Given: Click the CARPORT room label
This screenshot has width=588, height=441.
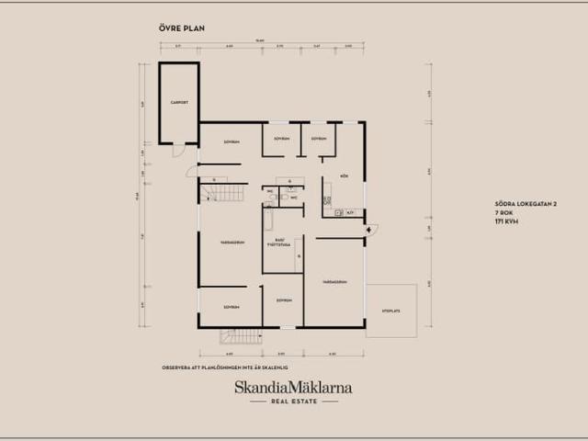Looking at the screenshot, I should [178, 102].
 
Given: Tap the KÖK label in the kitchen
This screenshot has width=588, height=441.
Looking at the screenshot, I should [344, 174].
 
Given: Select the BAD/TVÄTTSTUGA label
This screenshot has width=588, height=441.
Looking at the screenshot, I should [281, 243].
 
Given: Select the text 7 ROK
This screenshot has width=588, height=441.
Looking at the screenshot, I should [503, 213].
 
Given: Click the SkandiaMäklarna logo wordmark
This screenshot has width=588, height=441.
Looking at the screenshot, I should [293, 388].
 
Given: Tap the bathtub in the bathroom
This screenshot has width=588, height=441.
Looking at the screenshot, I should [268, 219].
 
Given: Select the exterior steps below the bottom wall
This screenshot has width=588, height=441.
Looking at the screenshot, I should [241, 336].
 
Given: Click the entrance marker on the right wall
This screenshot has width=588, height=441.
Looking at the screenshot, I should [370, 229].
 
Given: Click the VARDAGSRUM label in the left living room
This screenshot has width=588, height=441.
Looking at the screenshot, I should [232, 243].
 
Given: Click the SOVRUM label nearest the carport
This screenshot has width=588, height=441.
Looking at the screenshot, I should [232, 141].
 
